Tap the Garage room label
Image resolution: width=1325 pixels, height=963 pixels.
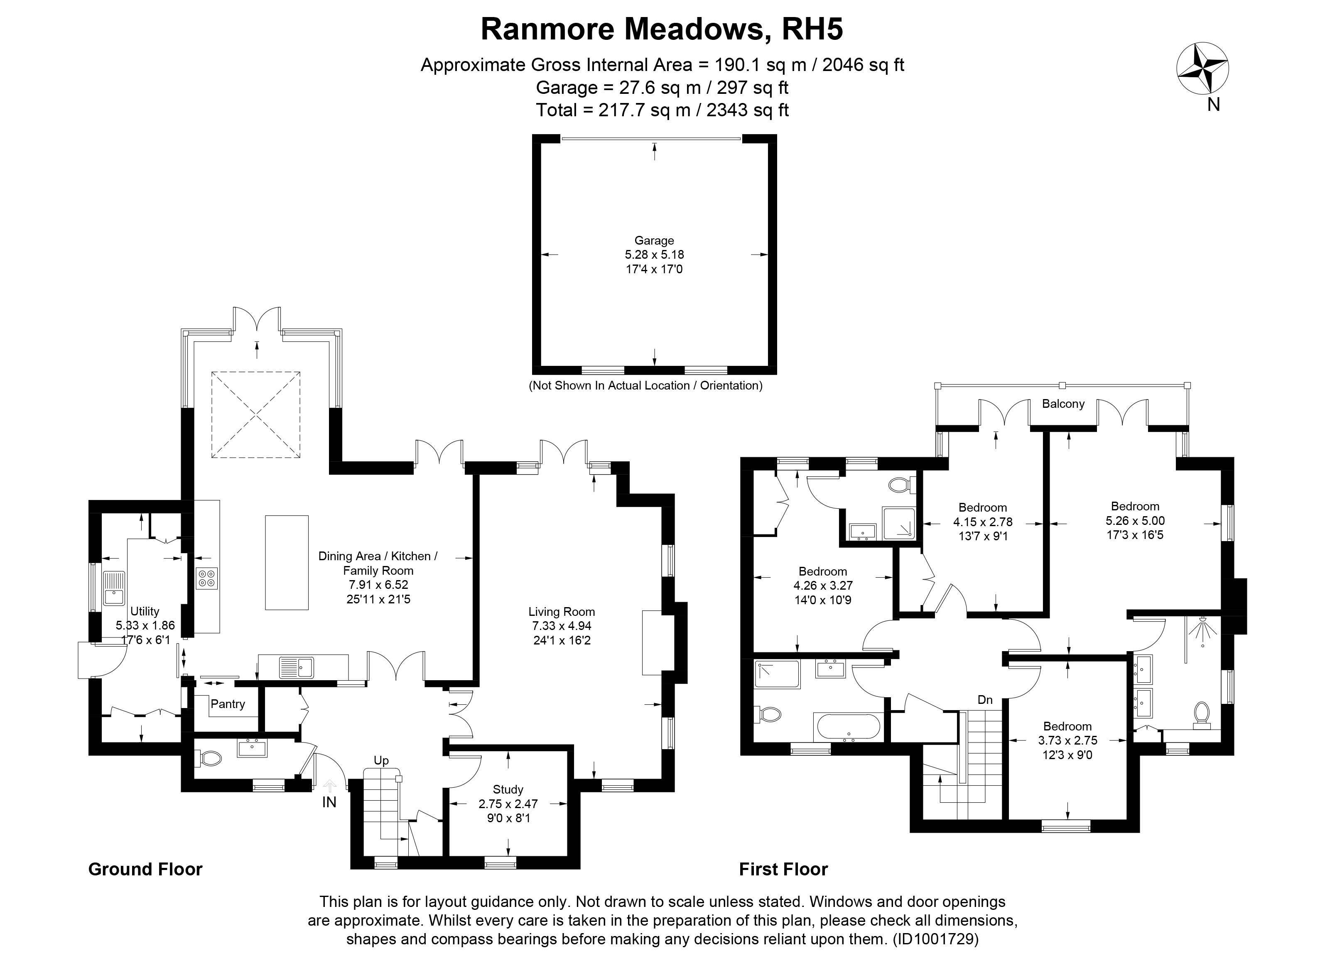click(654, 240)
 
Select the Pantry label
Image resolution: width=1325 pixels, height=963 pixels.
click(227, 704)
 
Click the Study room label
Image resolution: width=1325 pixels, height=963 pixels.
click(508, 789)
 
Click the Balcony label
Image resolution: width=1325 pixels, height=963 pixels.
click(1062, 404)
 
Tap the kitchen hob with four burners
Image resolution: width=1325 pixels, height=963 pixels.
click(207, 578)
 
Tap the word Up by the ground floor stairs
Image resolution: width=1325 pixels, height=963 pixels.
click(381, 760)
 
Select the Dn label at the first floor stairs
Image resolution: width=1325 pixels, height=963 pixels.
click(985, 700)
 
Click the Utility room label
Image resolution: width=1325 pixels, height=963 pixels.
click(144, 611)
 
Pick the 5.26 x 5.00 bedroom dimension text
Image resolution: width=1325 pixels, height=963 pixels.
click(1134, 521)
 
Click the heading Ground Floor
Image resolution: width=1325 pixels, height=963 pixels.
click(145, 870)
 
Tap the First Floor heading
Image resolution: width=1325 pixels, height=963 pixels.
click(783, 870)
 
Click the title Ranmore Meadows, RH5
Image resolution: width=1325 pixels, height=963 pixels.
click(662, 29)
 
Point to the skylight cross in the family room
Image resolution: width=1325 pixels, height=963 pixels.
click(256, 414)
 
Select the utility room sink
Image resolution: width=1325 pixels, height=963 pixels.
click(114, 588)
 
